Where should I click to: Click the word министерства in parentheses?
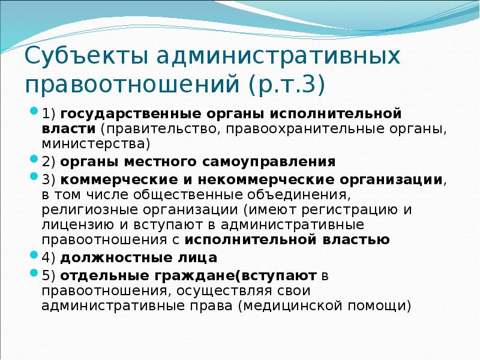(95, 143)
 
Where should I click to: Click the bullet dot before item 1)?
(34, 113)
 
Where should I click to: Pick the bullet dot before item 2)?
(34, 161)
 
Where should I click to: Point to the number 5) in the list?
(49, 276)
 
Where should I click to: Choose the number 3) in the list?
(49, 179)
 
